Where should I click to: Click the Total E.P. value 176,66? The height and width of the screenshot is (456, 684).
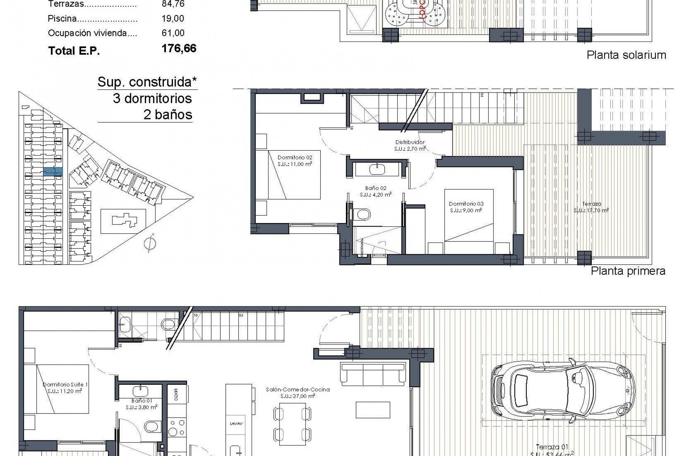tap(179, 48)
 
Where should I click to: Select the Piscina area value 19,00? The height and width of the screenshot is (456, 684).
tap(173, 19)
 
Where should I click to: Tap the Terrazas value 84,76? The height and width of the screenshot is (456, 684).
tap(173, 4)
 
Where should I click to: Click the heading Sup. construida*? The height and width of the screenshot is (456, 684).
tap(147, 82)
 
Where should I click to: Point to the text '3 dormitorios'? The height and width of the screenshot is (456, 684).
tap(152, 98)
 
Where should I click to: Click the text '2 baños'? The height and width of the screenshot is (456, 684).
tap(167, 115)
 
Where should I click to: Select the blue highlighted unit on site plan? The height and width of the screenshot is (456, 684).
tap(53, 172)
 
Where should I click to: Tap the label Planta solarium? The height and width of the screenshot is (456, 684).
tap(626, 55)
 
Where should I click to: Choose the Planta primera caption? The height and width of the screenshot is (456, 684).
tap(628, 271)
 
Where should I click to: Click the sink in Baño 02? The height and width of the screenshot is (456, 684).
tap(377, 169)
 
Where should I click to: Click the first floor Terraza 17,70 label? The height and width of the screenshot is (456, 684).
tap(591, 207)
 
